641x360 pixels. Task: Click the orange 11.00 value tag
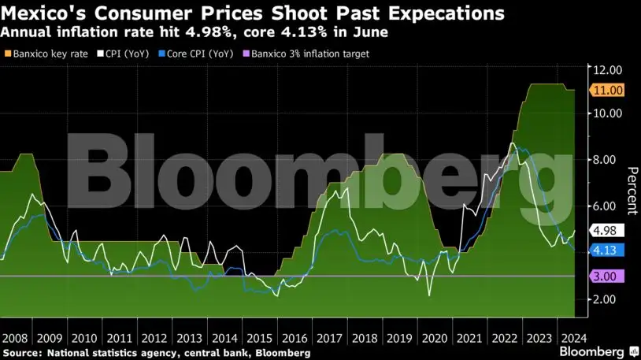point(608,91)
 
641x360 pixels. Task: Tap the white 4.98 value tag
point(608,231)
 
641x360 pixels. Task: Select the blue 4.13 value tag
point(608,251)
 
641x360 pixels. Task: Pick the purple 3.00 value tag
point(608,276)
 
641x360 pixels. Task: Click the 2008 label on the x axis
point(18,336)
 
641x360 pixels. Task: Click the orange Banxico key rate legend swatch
point(8,54)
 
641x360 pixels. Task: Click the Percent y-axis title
point(631,191)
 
